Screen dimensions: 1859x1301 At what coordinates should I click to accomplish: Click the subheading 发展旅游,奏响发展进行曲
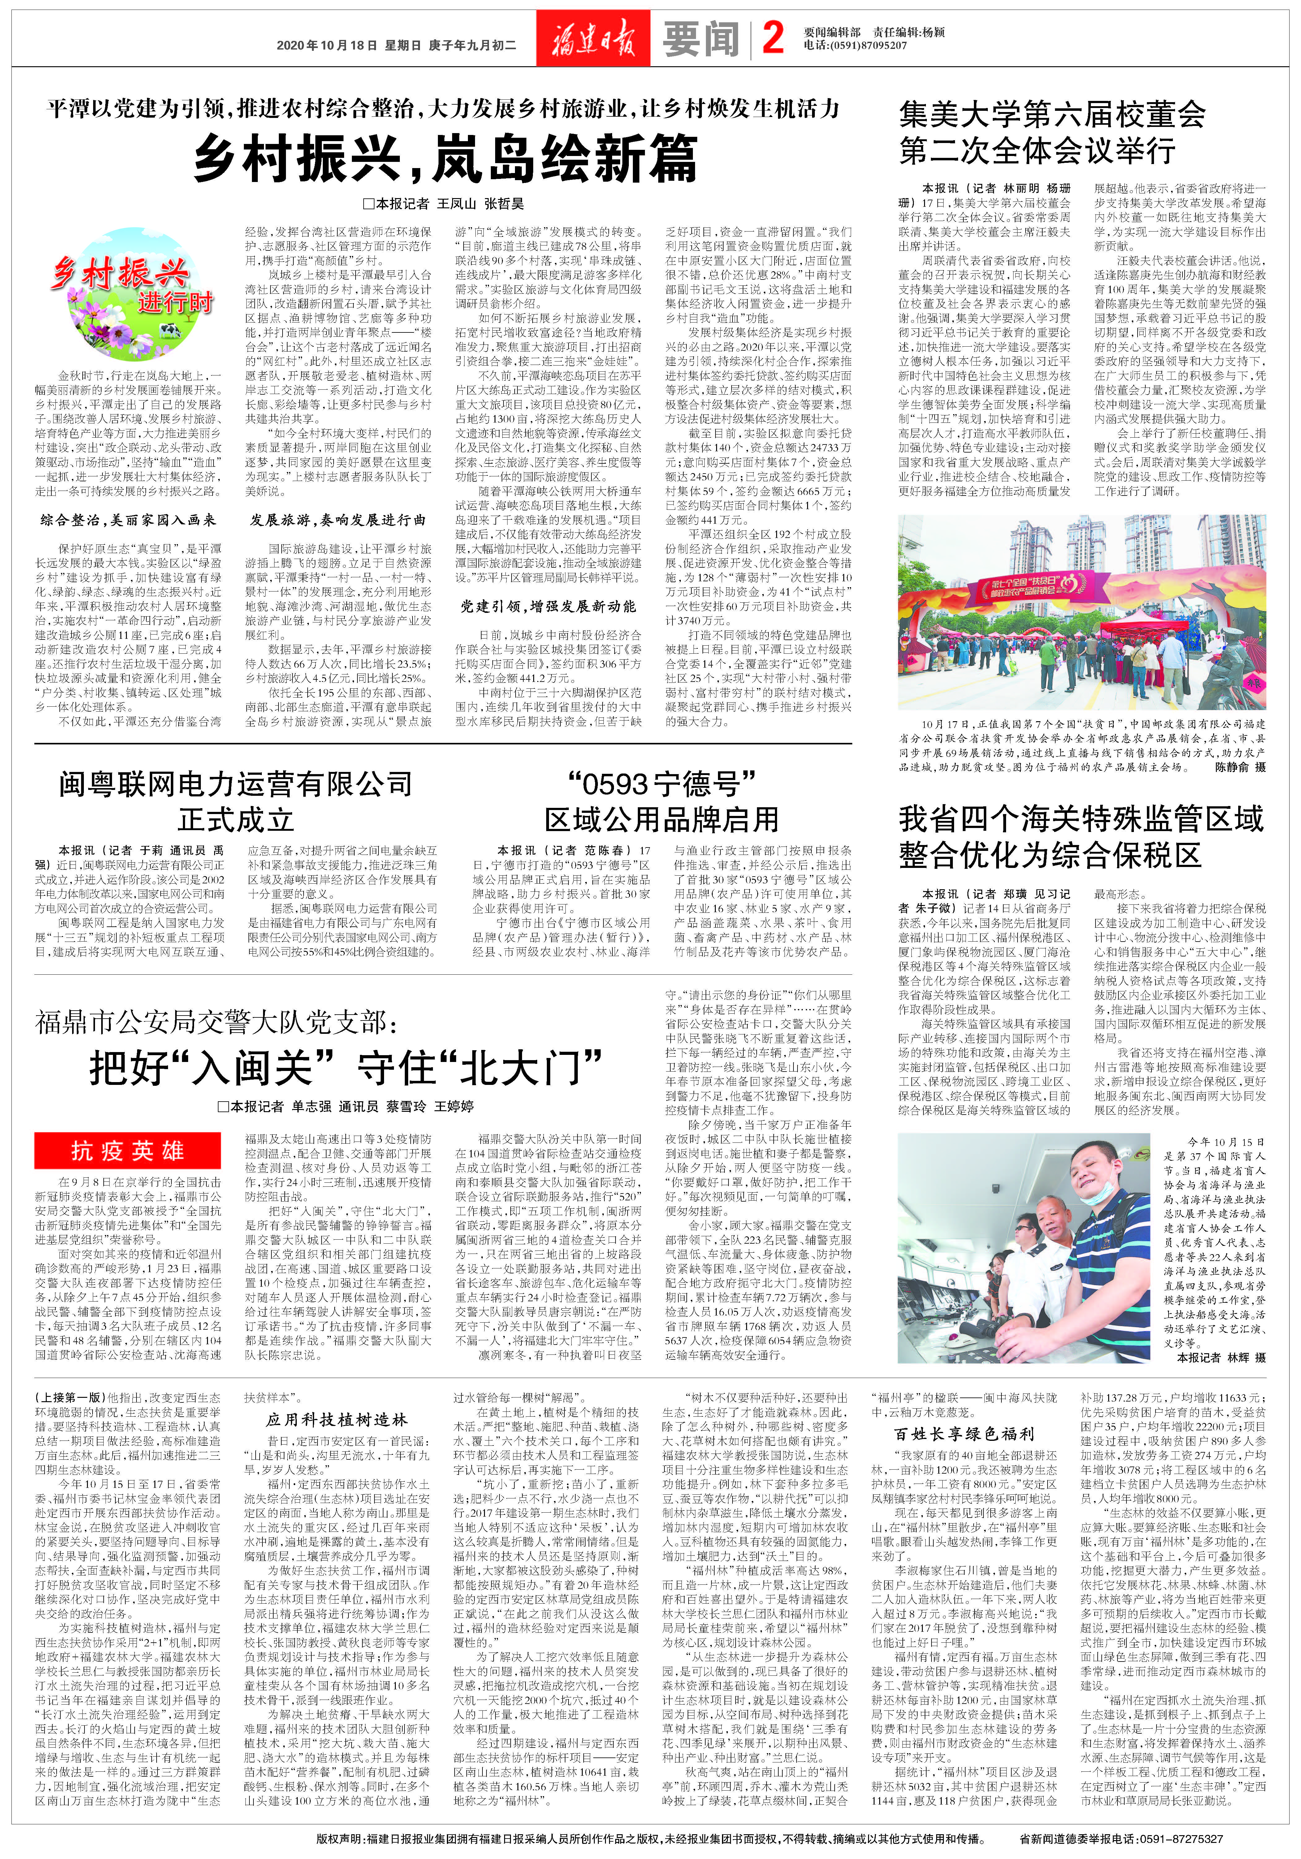339,520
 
